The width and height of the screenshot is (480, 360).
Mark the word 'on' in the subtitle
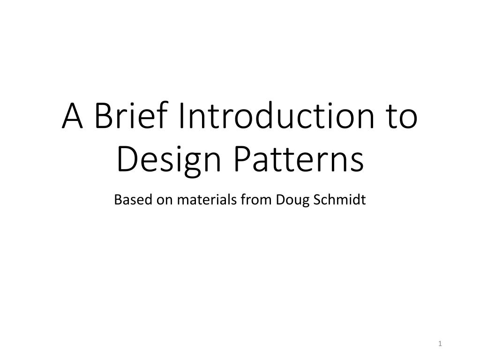coord(154,200)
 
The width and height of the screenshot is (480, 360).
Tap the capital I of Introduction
coord(181,117)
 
